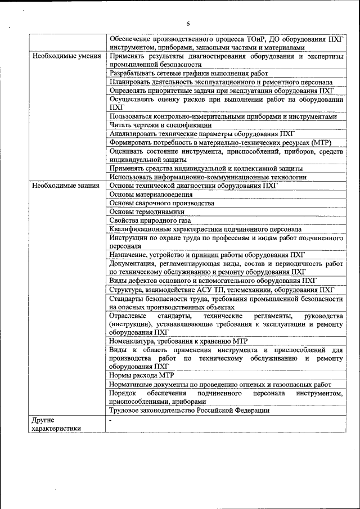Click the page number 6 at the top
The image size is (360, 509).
click(x=188, y=23)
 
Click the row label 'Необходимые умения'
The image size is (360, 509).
click(x=66, y=56)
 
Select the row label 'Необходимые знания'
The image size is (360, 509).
click(x=66, y=185)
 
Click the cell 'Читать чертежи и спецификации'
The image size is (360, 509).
click(x=160, y=125)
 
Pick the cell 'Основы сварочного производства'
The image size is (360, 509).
click(x=161, y=203)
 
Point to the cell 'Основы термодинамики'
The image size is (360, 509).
click(x=147, y=212)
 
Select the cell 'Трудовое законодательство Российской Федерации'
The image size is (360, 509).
click(x=189, y=410)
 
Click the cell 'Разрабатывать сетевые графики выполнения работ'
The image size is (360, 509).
click(x=188, y=73)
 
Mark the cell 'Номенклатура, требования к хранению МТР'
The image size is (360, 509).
click(x=178, y=341)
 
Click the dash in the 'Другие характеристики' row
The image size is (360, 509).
click(x=111, y=420)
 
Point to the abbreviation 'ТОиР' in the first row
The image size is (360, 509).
click(x=253, y=39)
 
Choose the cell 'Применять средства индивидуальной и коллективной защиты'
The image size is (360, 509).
click(x=206, y=168)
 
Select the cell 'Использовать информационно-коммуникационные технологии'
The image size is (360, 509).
click(x=208, y=177)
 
